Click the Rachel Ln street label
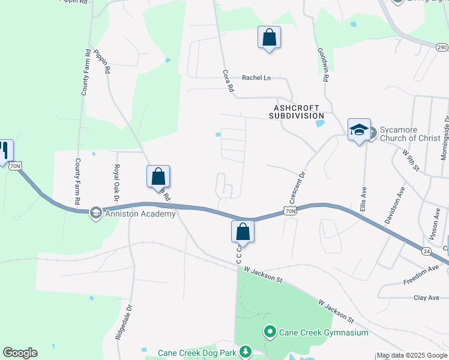(256, 77)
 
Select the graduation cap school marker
(359, 130)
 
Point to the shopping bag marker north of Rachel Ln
(269, 38)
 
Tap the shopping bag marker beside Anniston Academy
(158, 177)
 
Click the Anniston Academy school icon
(95, 213)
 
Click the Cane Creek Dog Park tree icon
(245, 352)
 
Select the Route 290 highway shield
(442, 46)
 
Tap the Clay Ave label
(427, 298)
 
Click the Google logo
(20, 353)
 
